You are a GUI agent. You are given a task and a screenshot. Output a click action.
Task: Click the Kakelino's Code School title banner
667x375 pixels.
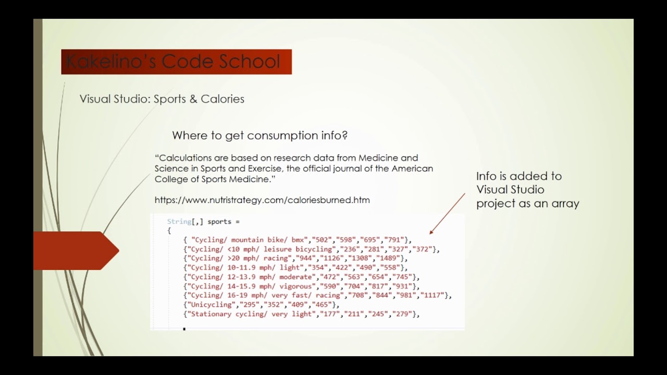pos(176,62)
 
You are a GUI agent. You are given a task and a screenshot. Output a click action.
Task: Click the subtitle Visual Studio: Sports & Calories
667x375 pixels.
pos(162,99)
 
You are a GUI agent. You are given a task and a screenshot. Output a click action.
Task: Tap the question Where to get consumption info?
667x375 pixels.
pos(260,135)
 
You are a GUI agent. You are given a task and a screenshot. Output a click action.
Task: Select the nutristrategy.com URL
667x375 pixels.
pos(262,200)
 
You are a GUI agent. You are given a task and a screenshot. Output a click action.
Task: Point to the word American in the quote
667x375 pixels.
pos(412,169)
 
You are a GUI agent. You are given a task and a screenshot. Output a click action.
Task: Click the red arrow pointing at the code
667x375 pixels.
pos(447,214)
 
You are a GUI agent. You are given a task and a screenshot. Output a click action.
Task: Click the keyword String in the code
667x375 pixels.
pos(179,222)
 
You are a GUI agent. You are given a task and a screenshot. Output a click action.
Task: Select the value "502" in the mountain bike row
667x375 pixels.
pos(322,240)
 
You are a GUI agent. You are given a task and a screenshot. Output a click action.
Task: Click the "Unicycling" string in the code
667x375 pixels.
pos(212,305)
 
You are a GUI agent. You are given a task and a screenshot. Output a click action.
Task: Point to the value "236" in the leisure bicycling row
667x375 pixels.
pos(350,249)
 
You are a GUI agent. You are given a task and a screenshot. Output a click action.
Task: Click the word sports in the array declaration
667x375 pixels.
pos(219,222)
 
